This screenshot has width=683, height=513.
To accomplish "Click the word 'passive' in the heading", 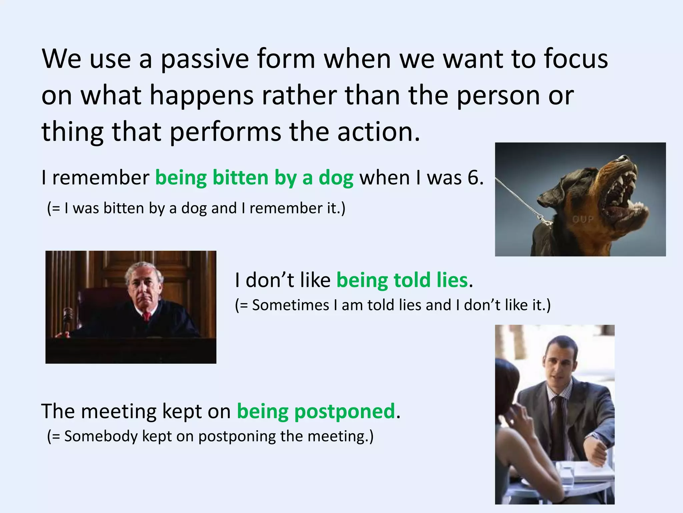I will [x=205, y=59].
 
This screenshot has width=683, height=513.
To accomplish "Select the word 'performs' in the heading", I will [x=225, y=132].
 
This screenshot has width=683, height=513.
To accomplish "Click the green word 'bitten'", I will [x=240, y=178].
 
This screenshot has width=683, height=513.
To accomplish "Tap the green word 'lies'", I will [x=452, y=280].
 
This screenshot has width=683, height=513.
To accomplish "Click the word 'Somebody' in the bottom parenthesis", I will [x=100, y=437].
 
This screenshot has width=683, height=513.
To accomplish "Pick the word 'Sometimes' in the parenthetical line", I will [x=290, y=305].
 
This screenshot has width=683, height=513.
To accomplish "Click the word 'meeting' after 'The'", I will [x=119, y=411].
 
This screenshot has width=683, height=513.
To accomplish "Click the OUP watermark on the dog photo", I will [x=583, y=219].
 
